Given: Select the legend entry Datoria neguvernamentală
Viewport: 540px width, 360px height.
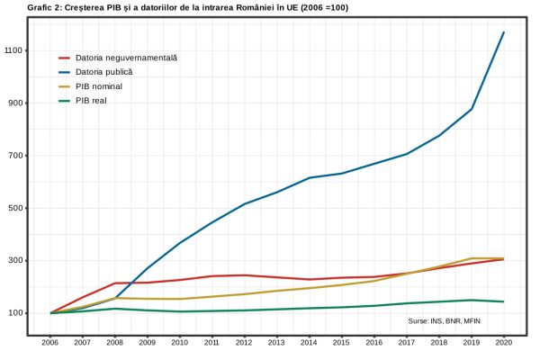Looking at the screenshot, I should pos(126,58).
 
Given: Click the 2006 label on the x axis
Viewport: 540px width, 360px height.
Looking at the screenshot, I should pos(50,344).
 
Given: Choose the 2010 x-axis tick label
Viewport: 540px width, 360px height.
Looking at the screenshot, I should pos(180,344).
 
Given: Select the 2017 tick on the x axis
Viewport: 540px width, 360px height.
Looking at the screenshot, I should pos(407,344).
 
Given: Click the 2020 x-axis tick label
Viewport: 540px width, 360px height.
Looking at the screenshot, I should pos(504,344).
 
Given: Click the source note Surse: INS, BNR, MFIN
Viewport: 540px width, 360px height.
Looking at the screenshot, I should pos(445,320).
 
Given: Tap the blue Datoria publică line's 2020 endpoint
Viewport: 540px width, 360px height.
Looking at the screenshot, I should pos(504,32).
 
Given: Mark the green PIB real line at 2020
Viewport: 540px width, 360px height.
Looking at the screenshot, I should pos(504,301).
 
